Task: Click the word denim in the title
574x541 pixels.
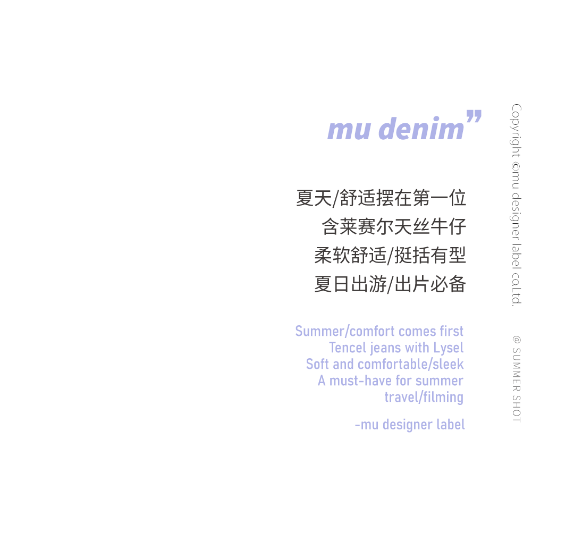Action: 423,129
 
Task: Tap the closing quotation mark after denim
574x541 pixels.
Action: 473,119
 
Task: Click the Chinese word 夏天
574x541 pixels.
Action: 314,198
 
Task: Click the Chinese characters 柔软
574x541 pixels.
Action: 332,256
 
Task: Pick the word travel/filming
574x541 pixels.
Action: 424,397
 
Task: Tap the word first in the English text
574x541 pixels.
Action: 451,331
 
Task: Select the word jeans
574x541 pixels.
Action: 383,348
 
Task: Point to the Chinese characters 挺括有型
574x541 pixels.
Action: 430,256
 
